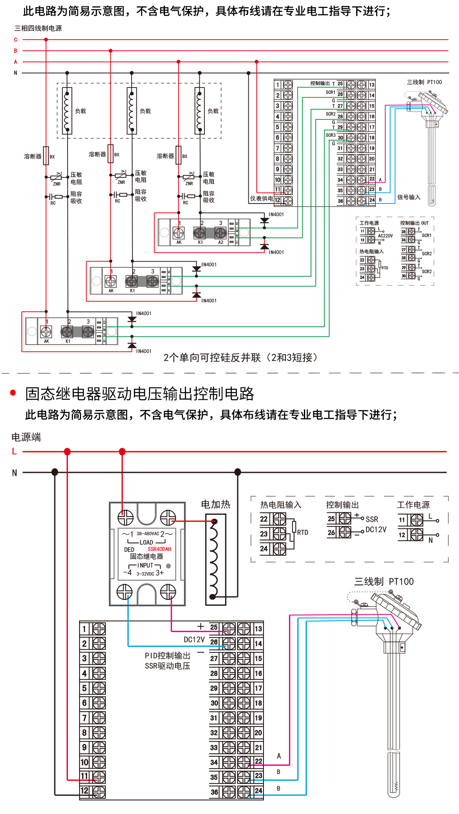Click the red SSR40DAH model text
pyautogui.click(x=159, y=549)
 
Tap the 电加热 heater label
pyautogui.click(x=215, y=504)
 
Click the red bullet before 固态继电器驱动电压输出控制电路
pyautogui.click(x=13, y=393)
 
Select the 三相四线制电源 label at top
pyautogui.click(x=38, y=28)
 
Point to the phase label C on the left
pyautogui.click(x=16, y=40)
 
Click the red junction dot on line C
pyautogui.click(x=46, y=40)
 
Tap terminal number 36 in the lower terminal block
pyautogui.click(x=214, y=792)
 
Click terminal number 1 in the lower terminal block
pyautogui.click(x=84, y=629)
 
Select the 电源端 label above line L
pyautogui.click(x=26, y=437)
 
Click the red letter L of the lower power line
pyautogui.click(x=14, y=451)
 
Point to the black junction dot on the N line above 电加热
pyautogui.click(x=238, y=472)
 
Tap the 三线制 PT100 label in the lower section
pyautogui.click(x=384, y=582)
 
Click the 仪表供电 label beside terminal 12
pyautogui.click(x=261, y=198)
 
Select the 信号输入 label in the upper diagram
pyautogui.click(x=408, y=197)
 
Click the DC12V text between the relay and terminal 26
pyautogui.click(x=194, y=639)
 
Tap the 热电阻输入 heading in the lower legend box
pyautogui.click(x=280, y=505)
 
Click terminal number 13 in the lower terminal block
pyautogui.click(x=258, y=629)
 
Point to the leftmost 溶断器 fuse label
pyautogui.click(x=33, y=156)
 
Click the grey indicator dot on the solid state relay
pyautogui.click(x=168, y=566)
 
